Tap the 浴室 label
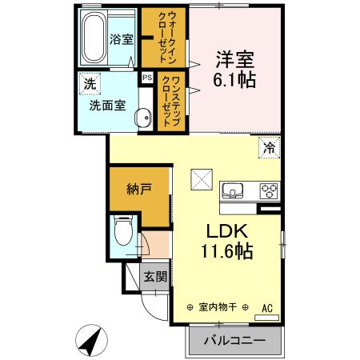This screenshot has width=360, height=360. click(122, 38)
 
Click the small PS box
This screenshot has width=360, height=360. click(146, 78)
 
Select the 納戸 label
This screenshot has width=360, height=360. click(138, 190)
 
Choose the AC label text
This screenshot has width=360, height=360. click(267, 306)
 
